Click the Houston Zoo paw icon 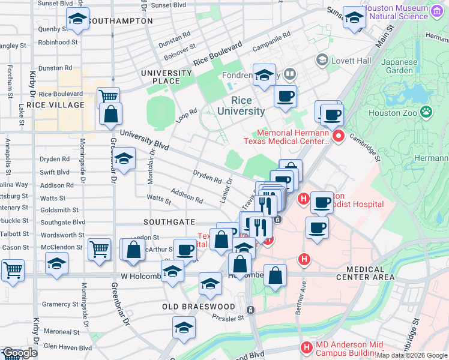(426, 111)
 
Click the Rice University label (241, 106)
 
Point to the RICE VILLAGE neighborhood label (59, 105)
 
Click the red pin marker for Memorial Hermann (338, 137)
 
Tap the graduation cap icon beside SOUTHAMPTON (77, 20)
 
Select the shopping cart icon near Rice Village (108, 97)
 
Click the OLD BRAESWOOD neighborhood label (199, 307)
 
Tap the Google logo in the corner (19, 353)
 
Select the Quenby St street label (50, 28)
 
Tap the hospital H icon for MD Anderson (307, 347)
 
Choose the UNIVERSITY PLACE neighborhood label (166, 77)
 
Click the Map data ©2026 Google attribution (412, 355)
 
